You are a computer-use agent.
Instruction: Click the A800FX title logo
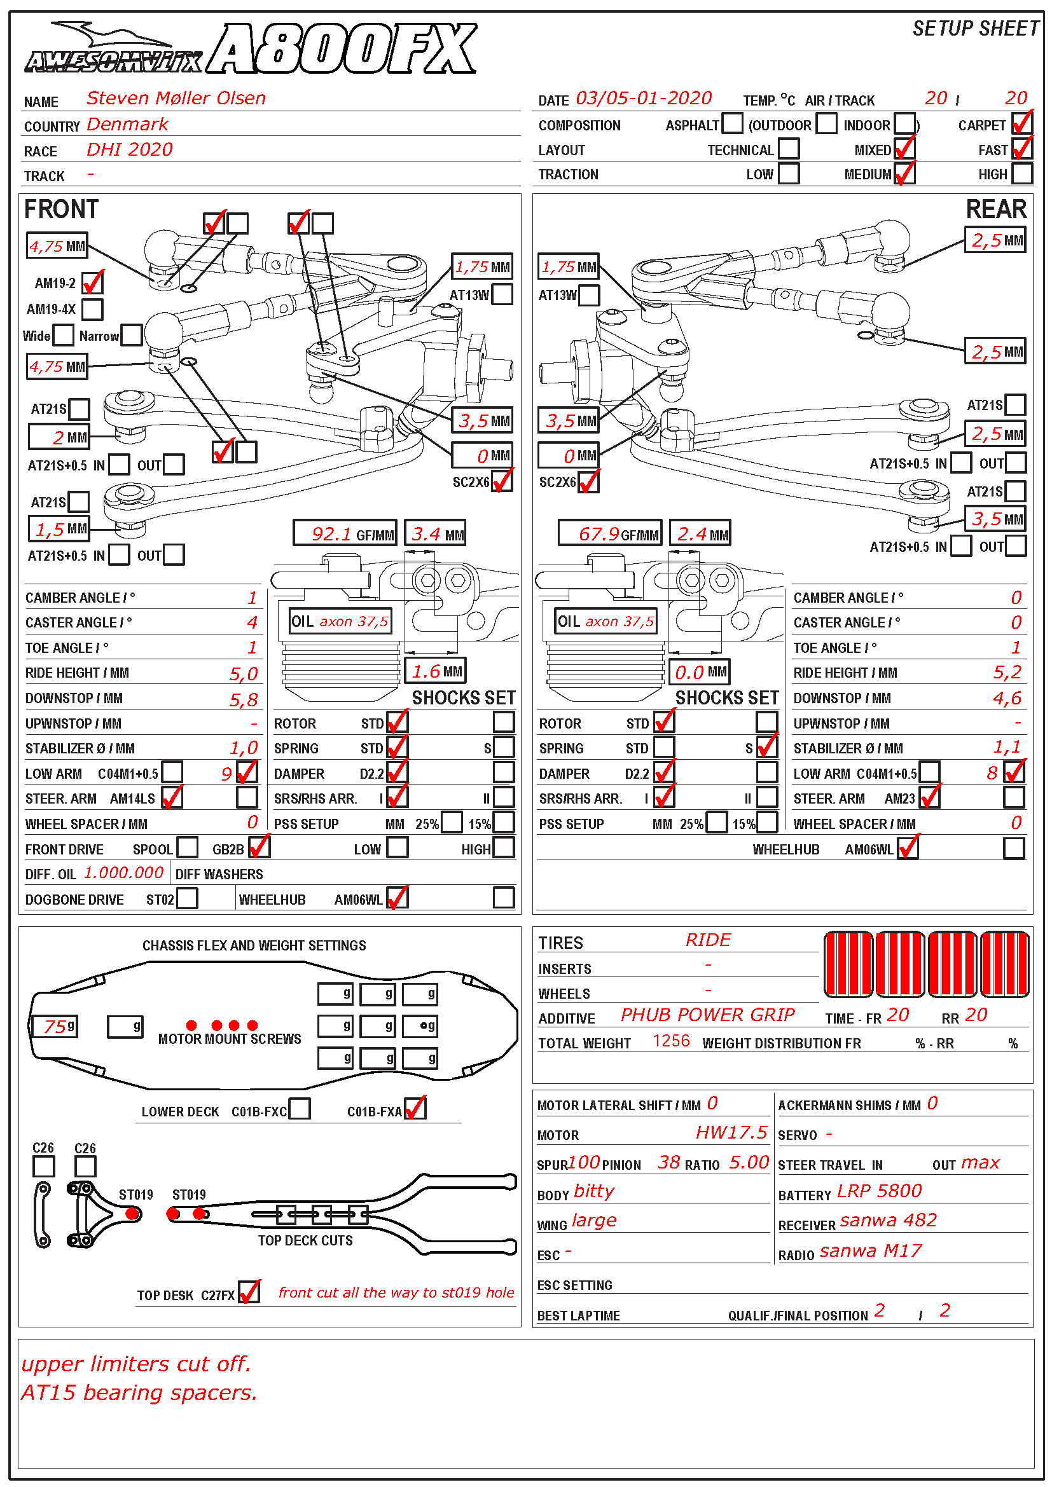tap(343, 49)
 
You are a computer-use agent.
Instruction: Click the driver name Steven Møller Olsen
tap(176, 99)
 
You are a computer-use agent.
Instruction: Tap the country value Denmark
tap(128, 125)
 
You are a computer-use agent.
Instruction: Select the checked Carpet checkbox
tap(1021, 123)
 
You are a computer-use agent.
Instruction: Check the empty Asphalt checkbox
tap(732, 123)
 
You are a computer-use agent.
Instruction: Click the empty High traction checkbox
tap(1021, 174)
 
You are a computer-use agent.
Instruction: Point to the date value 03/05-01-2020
tap(643, 99)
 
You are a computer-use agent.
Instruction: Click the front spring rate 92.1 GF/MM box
tap(345, 533)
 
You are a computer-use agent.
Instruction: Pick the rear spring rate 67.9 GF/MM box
tap(609, 533)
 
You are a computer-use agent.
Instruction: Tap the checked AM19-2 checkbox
tap(93, 282)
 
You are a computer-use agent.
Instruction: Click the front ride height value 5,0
tap(244, 674)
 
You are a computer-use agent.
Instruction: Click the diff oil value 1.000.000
tap(124, 873)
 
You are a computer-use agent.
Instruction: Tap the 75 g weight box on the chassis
tap(55, 1027)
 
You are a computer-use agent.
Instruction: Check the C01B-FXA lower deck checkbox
tap(415, 1109)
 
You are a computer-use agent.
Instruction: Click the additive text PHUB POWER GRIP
tap(707, 1015)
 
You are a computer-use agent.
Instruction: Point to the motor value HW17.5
tap(731, 1133)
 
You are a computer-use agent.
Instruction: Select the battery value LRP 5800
tap(879, 1191)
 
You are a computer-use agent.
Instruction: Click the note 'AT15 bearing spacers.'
tap(139, 1392)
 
